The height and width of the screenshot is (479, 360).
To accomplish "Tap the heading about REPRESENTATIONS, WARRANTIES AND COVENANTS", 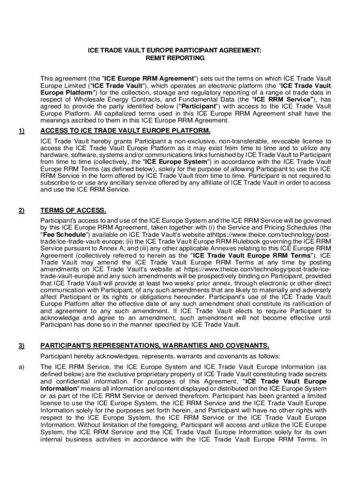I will click(155, 346).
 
